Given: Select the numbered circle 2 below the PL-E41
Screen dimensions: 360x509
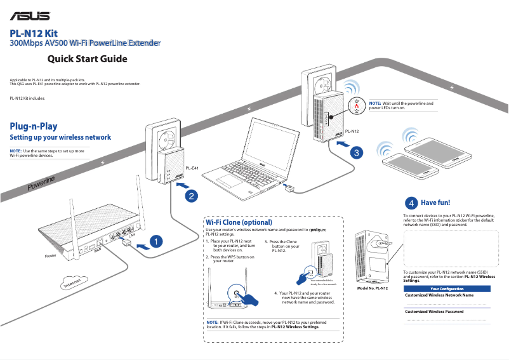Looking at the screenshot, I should click(x=190, y=196).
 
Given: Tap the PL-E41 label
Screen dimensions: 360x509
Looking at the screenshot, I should click(x=192, y=168).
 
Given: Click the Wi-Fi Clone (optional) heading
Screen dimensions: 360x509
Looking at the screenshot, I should click(x=239, y=223).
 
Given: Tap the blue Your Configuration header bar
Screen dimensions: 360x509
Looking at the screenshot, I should click(x=447, y=289).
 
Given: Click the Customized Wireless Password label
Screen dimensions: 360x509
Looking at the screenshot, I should click(x=434, y=312).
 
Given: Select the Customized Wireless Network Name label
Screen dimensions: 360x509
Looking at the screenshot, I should click(x=439, y=295).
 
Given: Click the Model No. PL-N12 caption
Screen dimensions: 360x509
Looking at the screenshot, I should click(x=373, y=288).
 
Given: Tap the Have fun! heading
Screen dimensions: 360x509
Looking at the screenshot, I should click(x=435, y=203).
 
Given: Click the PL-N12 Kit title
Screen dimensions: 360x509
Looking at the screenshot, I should click(x=36, y=33).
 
